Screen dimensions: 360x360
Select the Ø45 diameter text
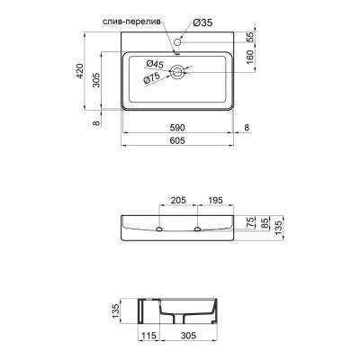coord(154,64)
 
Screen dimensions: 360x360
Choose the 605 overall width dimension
coord(176,142)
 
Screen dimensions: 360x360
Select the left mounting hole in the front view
coord(161,231)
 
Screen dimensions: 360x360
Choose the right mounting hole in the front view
coord(196,231)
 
